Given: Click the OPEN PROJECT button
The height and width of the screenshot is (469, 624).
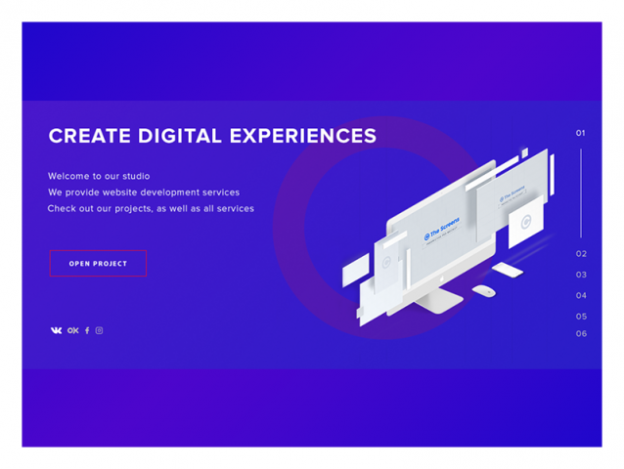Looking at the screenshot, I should (98, 263).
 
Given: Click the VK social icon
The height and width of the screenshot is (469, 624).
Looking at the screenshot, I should (56, 330).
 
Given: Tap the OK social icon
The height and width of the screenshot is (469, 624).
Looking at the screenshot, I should (72, 330).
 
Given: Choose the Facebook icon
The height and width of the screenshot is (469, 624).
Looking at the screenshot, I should (86, 330).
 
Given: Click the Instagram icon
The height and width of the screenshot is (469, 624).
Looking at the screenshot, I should (99, 330).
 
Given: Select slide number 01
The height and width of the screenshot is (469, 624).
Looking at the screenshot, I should (580, 133).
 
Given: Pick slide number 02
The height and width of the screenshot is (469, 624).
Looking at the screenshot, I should (581, 254).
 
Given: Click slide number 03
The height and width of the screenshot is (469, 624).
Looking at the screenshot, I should (581, 275).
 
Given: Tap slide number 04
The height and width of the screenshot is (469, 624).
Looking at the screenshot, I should (581, 295).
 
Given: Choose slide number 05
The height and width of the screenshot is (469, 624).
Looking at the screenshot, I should (581, 317).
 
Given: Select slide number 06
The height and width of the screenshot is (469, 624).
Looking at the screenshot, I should (581, 333).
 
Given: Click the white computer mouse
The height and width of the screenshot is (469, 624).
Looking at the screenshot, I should (483, 290).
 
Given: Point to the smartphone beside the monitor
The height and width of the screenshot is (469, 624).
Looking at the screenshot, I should (507, 269).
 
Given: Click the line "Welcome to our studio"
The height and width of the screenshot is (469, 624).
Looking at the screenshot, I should (99, 176).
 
